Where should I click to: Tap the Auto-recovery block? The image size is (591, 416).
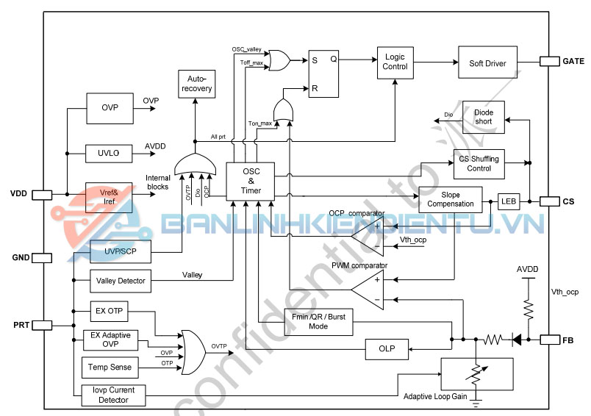pos(195,84)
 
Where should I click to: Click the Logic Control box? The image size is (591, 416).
pos(395,62)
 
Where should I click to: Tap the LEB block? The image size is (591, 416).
pos(509,201)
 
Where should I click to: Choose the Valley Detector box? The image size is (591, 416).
pos(121,280)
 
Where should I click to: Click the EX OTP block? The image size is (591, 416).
pos(109,311)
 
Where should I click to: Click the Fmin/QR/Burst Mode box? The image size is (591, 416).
pos(309,321)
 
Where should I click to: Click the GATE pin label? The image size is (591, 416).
pos(573,61)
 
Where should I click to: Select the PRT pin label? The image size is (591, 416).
pos(20,324)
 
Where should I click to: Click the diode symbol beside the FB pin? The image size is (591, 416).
pos(517,340)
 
